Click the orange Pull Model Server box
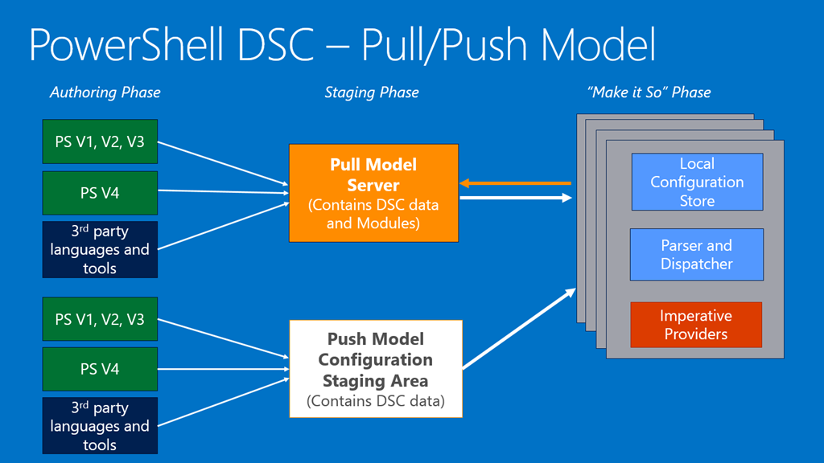[373, 193]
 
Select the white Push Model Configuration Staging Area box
[376, 369]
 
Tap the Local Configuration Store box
[696, 182]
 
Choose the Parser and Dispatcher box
[696, 255]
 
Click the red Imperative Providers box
[696, 325]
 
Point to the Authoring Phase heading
[105, 92]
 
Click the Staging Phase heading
[372, 92]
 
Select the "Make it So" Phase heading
[649, 92]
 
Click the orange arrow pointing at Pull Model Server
[515, 183]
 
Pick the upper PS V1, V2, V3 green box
[100, 143]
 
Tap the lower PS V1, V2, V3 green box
[100, 319]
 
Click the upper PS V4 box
[100, 193]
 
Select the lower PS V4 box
[100, 369]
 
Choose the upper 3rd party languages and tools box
[100, 249]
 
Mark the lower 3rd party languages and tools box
[100, 425]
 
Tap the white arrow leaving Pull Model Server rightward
[515, 197]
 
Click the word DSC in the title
[269, 45]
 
